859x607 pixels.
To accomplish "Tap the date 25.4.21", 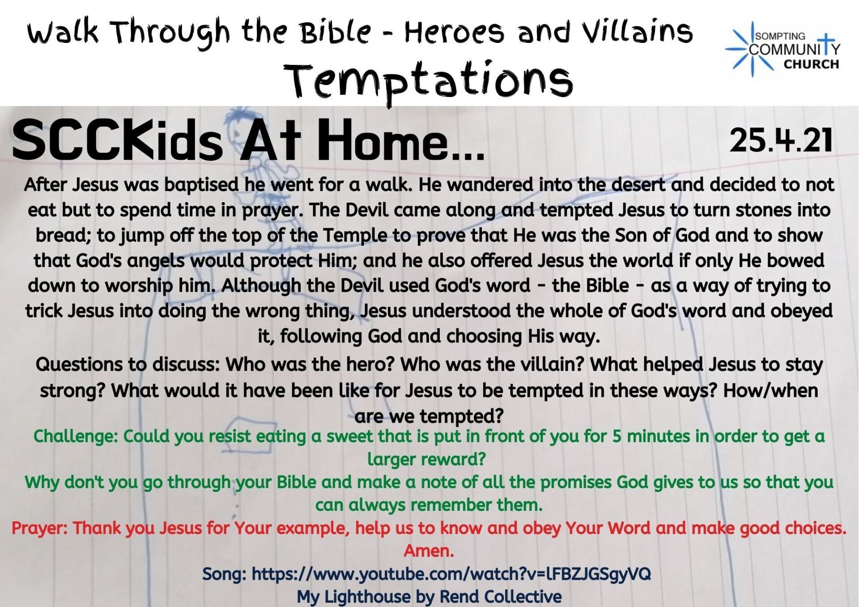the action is pos(781,140).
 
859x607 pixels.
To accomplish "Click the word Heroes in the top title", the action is pos(454,32).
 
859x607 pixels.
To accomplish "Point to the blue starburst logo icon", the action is pos(752,49).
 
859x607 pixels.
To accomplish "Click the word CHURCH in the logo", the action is pos(811,64).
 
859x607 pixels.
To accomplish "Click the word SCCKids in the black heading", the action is pos(118,140).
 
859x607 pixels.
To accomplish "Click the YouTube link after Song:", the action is pos(451,574).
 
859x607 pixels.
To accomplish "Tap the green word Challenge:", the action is pos(76,437).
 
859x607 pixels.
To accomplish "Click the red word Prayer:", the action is pos(39,528).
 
